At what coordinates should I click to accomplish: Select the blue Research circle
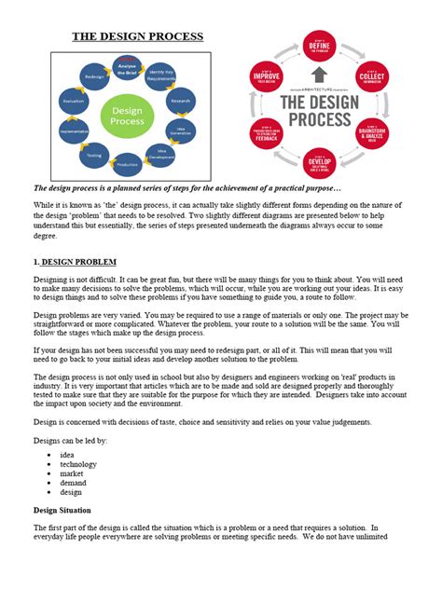(180, 100)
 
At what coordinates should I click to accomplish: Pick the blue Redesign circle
(93, 76)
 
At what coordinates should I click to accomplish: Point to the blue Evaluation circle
(74, 101)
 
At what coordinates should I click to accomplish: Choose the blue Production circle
(128, 164)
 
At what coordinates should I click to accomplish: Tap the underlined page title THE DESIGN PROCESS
(138, 38)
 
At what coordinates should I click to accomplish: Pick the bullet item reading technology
(78, 463)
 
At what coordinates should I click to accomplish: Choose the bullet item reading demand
(73, 484)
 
